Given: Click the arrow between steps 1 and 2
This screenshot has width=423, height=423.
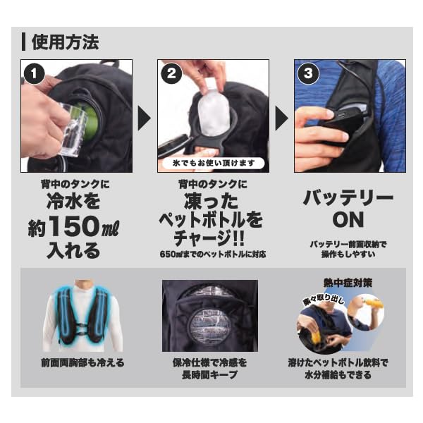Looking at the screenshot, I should pos(143,118).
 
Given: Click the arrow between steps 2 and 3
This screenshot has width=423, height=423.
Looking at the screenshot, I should pos(281,118).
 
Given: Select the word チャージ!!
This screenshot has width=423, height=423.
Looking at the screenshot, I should pos(212,238).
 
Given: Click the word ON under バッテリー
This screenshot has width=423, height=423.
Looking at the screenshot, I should pos(349,219).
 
